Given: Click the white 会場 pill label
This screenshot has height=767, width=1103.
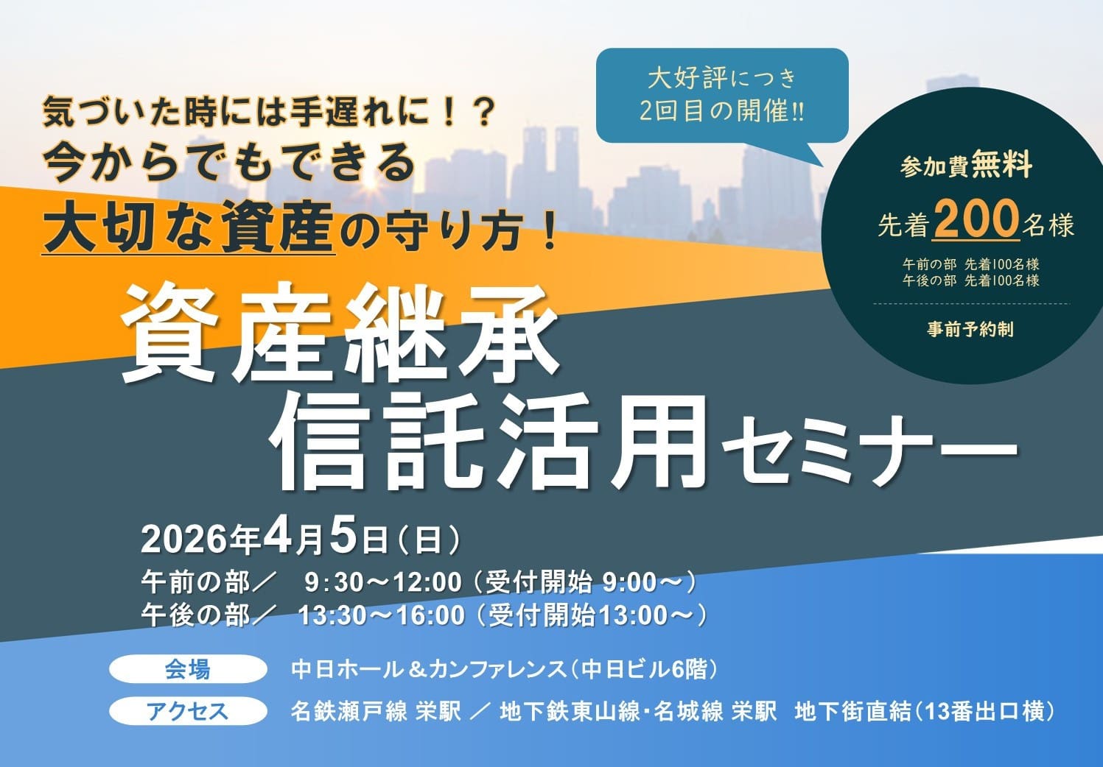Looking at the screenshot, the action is [188, 669].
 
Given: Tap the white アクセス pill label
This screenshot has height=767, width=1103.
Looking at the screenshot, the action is [188, 711].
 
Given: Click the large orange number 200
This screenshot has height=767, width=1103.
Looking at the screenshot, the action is [976, 219].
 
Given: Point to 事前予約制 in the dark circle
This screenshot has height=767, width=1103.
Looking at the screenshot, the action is [970, 329].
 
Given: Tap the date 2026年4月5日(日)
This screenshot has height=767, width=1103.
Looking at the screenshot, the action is [301, 540].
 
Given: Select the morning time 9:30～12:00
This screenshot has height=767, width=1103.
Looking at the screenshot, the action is [382, 582].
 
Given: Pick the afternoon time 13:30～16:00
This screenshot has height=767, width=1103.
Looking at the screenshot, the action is [382, 615].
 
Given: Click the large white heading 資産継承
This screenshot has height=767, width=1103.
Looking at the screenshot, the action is [339, 333].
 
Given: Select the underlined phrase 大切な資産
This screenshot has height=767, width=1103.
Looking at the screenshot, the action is [189, 226].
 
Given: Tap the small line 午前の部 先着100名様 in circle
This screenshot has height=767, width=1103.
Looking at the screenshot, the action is [970, 264].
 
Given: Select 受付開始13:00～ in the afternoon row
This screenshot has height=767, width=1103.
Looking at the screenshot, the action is [591, 615].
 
